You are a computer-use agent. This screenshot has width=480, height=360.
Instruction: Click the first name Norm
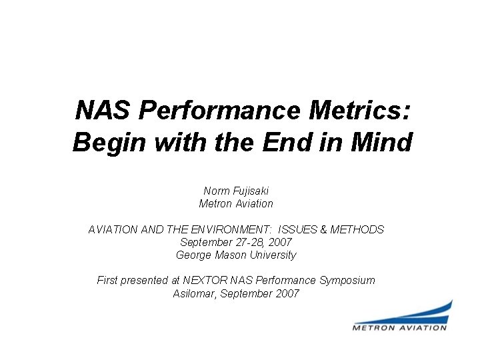tap(216, 191)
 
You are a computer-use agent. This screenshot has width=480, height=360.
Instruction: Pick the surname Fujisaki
tap(249, 191)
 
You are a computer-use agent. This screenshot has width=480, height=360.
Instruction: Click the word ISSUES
tap(296, 229)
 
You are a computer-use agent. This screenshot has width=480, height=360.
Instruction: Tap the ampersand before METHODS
tap(324, 229)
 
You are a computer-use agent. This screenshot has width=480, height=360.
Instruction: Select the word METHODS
tap(357, 229)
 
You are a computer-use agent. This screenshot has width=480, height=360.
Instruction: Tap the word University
tap(272, 255)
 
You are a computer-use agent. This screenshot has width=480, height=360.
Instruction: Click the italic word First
tap(109, 281)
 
